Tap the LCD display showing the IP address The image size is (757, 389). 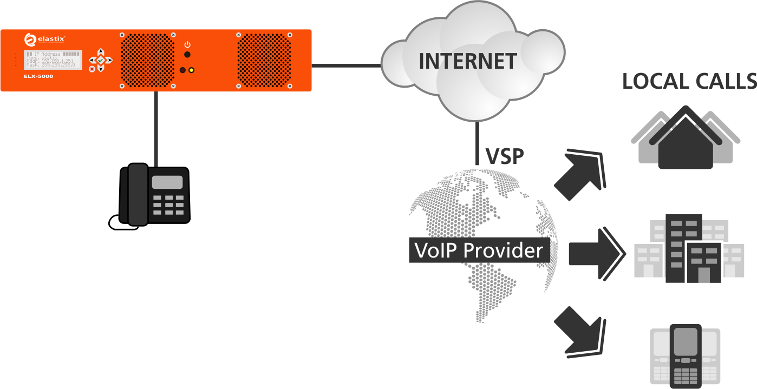tap(54, 60)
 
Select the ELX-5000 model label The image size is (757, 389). tap(38, 77)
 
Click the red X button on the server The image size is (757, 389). tap(92, 69)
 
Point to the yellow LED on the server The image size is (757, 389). tap(191, 70)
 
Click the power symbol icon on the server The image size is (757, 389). tap(187, 44)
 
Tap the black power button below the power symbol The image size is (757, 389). tap(187, 55)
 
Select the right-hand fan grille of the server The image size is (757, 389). tap(264, 60)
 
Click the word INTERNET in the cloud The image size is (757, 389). tap(468, 61)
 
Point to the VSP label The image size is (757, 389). tap(505, 156)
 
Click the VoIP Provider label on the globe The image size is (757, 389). tap(478, 250)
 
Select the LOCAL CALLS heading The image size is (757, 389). tap(689, 81)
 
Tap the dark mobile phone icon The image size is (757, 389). tap(685, 355)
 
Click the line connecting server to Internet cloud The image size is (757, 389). tap(347, 66)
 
